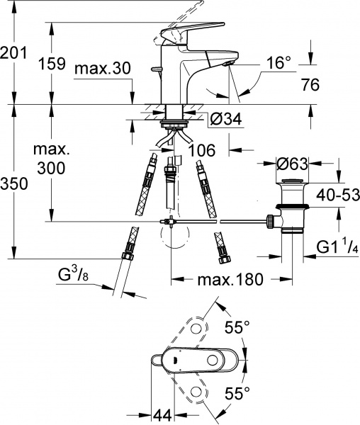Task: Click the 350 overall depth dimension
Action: (15, 183)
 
